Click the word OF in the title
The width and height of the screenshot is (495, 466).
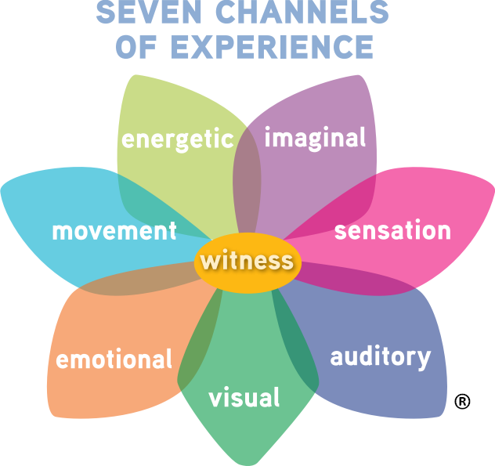pyautogui.click(x=142, y=46)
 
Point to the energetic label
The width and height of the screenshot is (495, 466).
pyautogui.click(x=177, y=139)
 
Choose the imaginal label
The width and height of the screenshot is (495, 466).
pyautogui.click(x=315, y=138)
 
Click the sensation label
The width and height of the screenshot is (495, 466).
pyautogui.click(x=392, y=231)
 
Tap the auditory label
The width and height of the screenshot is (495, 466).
pyautogui.click(x=380, y=357)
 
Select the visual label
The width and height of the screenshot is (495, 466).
pyautogui.click(x=244, y=398)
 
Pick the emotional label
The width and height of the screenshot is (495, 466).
pyautogui.click(x=114, y=359)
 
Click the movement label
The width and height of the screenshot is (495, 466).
pyautogui.click(x=114, y=232)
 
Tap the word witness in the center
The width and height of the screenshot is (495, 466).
pyautogui.click(x=247, y=261)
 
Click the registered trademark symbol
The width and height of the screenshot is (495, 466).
pyautogui.click(x=462, y=402)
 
